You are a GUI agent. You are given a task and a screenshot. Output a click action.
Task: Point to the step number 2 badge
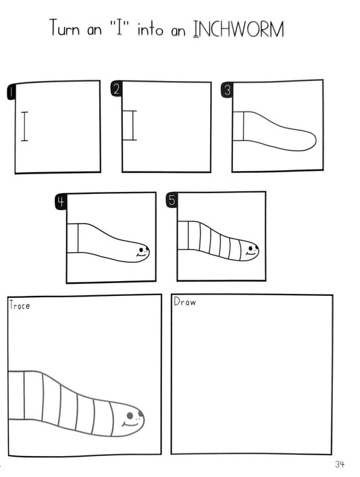116,90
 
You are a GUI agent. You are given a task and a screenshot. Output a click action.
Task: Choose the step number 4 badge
61,201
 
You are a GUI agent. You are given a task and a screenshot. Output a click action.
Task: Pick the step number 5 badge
172,200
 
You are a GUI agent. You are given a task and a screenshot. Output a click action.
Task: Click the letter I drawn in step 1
25,126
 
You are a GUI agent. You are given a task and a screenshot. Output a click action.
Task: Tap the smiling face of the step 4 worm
142,251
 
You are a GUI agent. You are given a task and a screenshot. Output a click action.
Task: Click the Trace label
20,305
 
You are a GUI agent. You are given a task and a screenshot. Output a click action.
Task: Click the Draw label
184,302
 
